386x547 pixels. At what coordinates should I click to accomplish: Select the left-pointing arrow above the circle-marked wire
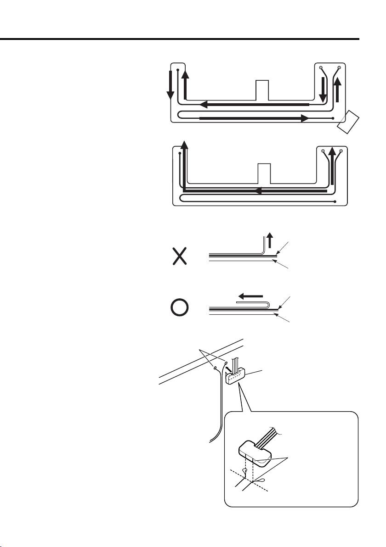[x=251, y=296]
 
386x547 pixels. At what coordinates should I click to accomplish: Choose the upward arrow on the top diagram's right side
[x=337, y=89]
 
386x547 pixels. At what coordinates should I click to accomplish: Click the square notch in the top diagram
[x=262, y=89]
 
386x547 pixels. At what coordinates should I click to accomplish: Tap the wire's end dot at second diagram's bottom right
[x=336, y=201]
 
